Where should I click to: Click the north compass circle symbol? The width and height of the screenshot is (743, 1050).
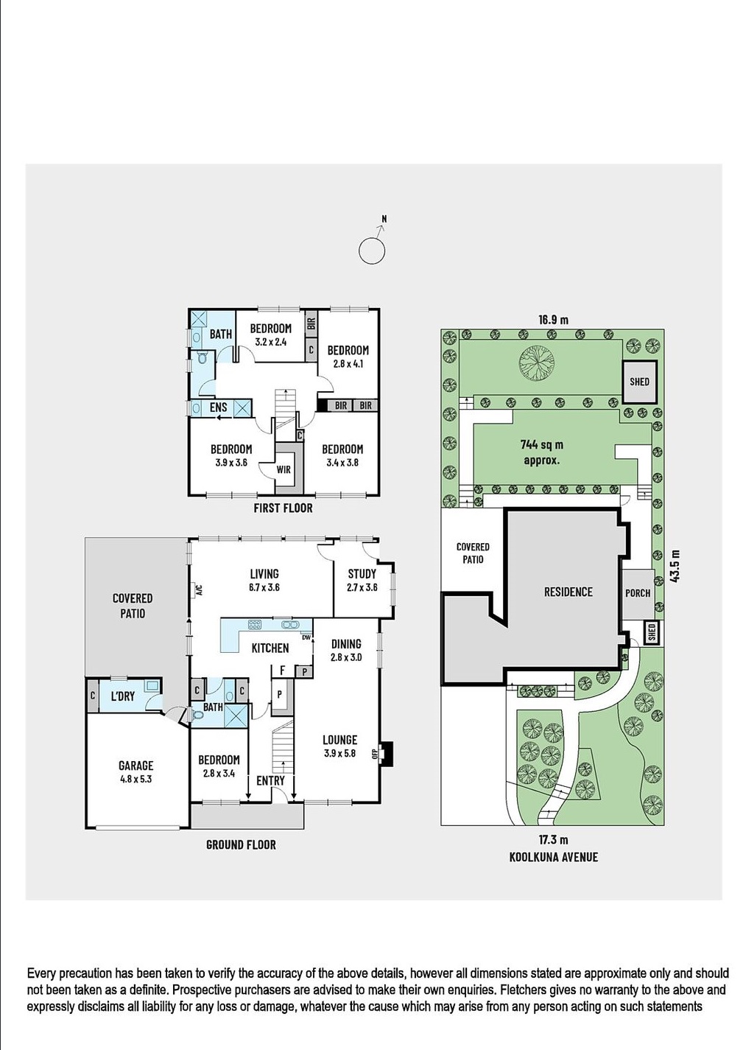pyautogui.click(x=372, y=251)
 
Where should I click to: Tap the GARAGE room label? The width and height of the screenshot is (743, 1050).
pyautogui.click(x=136, y=766)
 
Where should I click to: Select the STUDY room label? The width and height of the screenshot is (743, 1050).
pyautogui.click(x=362, y=573)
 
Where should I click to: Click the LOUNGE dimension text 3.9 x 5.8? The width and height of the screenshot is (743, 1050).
pyautogui.click(x=339, y=753)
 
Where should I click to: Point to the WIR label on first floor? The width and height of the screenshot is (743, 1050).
pyautogui.click(x=284, y=469)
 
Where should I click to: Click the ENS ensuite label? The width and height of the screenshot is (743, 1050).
pyautogui.click(x=219, y=407)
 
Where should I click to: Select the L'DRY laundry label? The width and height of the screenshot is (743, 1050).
pyautogui.click(x=122, y=696)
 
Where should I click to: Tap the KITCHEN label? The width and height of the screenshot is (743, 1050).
pyautogui.click(x=270, y=648)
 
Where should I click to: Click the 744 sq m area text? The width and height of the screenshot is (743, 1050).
pyautogui.click(x=542, y=445)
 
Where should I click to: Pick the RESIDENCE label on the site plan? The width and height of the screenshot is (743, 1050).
pyautogui.click(x=568, y=592)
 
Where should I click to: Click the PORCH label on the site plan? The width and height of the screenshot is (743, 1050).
pyautogui.click(x=638, y=593)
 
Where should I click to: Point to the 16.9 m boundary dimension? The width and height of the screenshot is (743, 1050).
pyautogui.click(x=553, y=320)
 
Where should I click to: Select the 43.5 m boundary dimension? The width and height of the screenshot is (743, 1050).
pyautogui.click(x=675, y=567)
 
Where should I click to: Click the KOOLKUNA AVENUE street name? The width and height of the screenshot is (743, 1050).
pyautogui.click(x=553, y=857)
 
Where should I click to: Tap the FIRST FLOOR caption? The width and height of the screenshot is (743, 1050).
pyautogui.click(x=283, y=508)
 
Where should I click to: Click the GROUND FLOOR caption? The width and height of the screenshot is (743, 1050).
pyautogui.click(x=241, y=844)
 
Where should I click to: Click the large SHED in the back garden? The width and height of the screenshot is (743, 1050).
pyautogui.click(x=639, y=381)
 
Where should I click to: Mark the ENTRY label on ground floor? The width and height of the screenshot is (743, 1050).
pyautogui.click(x=270, y=780)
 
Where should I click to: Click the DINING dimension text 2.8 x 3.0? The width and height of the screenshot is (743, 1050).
pyautogui.click(x=346, y=657)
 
